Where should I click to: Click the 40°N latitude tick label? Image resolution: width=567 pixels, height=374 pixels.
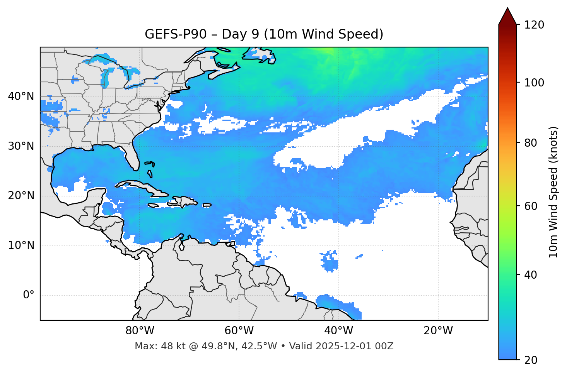21,96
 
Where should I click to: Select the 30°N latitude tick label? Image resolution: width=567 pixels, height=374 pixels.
21,146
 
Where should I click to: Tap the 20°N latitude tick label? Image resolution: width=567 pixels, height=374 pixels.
21,196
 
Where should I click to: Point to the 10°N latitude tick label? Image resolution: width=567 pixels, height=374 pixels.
21,245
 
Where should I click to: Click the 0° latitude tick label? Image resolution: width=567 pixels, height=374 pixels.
29,295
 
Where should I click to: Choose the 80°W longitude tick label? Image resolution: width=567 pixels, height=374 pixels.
140,331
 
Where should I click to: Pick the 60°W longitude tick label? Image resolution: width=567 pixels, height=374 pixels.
239,331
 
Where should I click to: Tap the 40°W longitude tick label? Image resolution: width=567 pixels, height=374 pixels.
338,331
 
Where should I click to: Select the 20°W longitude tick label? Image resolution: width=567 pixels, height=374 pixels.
438,331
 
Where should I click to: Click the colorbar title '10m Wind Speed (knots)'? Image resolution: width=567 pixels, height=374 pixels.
553,192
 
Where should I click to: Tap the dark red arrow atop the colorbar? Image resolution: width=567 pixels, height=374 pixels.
507,17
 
